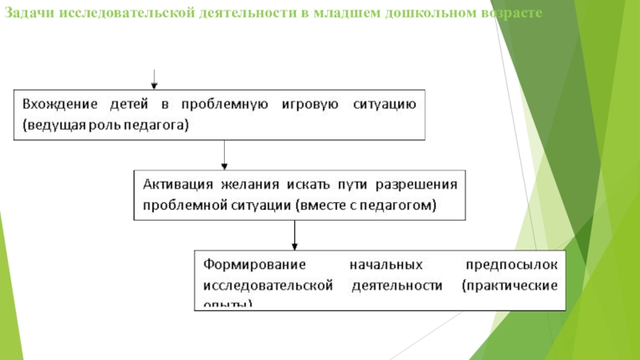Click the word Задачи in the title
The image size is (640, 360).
[x=26, y=14]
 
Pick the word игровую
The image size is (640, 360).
[x=310, y=105]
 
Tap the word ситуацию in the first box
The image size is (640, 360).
[x=384, y=105]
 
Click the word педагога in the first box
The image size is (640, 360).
[x=156, y=125]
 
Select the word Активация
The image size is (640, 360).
[x=176, y=183]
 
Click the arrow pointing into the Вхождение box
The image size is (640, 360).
[x=154, y=80]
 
